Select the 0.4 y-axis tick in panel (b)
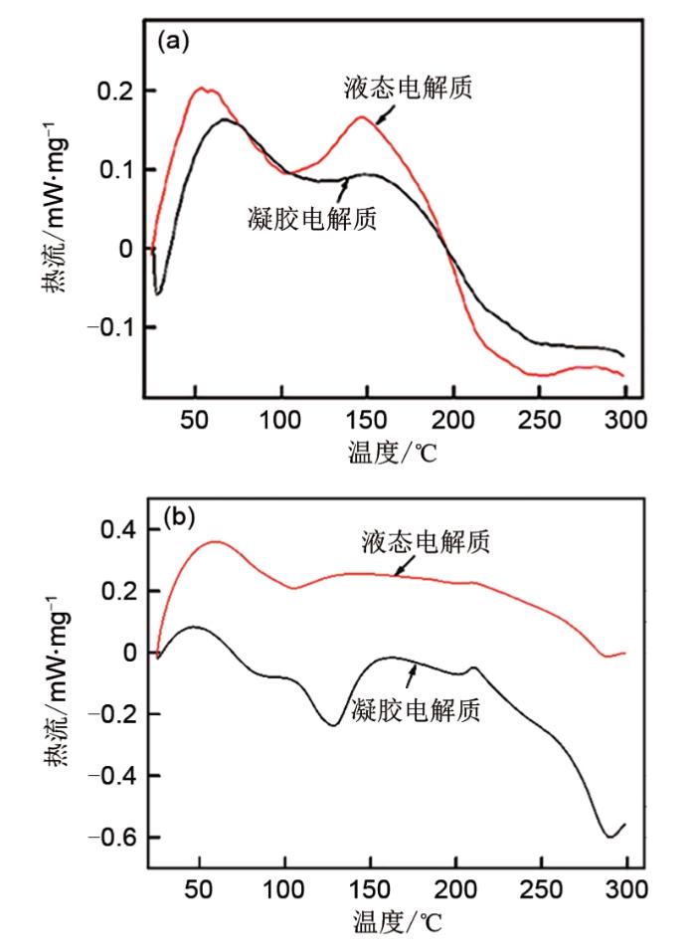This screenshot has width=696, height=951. pyautogui.click(x=114, y=530)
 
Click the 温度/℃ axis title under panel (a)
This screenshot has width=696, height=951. pyautogui.click(x=394, y=453)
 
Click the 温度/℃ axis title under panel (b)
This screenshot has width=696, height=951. pyautogui.click(x=394, y=923)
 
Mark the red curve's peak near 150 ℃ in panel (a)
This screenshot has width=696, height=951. pyautogui.click(x=362, y=117)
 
